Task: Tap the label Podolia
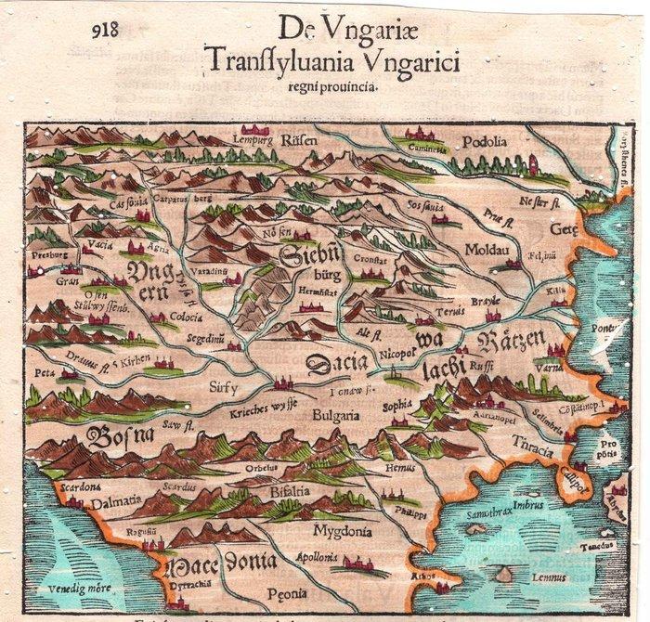coord(487,141)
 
